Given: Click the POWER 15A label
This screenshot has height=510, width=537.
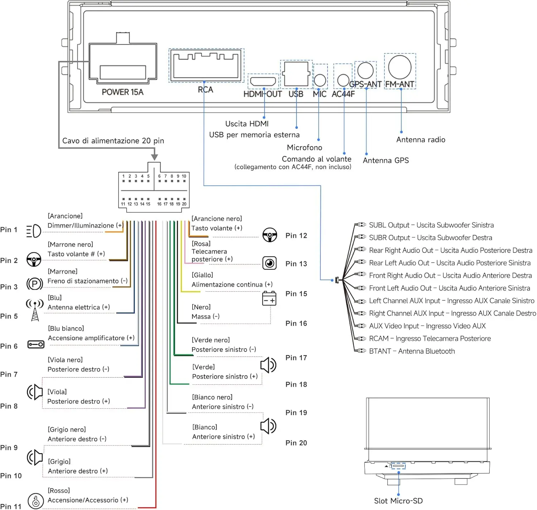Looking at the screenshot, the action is (x=122, y=92).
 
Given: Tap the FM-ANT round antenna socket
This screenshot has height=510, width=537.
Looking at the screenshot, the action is (x=400, y=67).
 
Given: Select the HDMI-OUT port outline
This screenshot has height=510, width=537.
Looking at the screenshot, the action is (x=263, y=81).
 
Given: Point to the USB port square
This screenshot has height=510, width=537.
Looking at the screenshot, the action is (x=296, y=74).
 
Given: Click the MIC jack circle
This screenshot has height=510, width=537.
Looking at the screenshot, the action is (x=320, y=80).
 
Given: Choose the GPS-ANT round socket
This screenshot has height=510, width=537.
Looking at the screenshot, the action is (x=365, y=70).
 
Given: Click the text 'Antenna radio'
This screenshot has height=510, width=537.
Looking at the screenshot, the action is (x=420, y=140).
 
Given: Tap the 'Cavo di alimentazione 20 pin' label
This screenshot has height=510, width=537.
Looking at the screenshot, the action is (x=113, y=141).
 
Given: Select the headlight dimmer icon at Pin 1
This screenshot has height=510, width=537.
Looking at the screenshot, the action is (x=34, y=231).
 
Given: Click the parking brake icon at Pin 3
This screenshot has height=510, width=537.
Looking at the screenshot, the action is (x=35, y=284).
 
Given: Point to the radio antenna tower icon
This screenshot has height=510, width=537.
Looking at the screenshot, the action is (x=35, y=310).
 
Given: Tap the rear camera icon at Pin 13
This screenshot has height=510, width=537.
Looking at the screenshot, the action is (x=269, y=263).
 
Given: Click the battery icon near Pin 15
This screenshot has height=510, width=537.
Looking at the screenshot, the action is (x=269, y=298).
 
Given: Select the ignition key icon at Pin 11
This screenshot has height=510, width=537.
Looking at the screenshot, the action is (x=36, y=501).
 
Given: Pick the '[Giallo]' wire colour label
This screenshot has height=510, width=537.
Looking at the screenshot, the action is (x=202, y=275).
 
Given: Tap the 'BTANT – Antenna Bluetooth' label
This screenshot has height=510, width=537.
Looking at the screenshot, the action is (x=412, y=351).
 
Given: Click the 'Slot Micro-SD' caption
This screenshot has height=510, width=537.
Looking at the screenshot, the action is (x=398, y=501).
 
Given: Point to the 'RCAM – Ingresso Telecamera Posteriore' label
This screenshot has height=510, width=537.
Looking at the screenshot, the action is (x=430, y=339).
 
